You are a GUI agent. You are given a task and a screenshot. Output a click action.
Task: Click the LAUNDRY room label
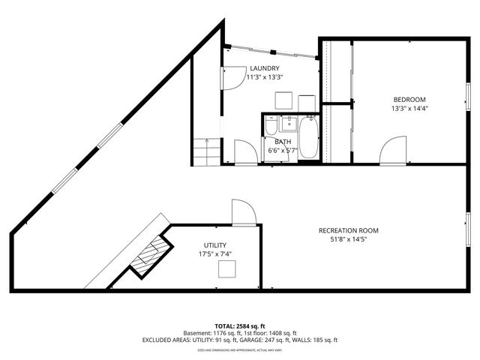[265, 68]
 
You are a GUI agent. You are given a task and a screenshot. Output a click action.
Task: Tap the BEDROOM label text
[409, 100]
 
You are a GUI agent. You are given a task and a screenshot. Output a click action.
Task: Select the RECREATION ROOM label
[348, 230]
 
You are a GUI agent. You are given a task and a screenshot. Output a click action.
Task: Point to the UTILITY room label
[215, 245]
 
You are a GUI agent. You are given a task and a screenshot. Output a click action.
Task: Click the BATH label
[282, 142]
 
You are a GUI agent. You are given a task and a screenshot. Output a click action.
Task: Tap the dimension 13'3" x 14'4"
[409, 109]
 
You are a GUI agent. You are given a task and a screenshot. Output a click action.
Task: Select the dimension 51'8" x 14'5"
[348, 239]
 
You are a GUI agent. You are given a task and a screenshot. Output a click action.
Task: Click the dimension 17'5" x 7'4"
[215, 254]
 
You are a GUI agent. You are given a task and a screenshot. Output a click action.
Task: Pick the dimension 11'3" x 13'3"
[265, 76]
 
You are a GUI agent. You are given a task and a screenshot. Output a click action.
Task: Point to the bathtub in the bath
[309, 139]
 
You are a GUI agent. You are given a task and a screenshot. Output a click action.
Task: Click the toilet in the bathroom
[270, 127]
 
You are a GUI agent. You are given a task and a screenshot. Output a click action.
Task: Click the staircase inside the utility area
[149, 255]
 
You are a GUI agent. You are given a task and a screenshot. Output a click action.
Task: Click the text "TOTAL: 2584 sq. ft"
[239, 325]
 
